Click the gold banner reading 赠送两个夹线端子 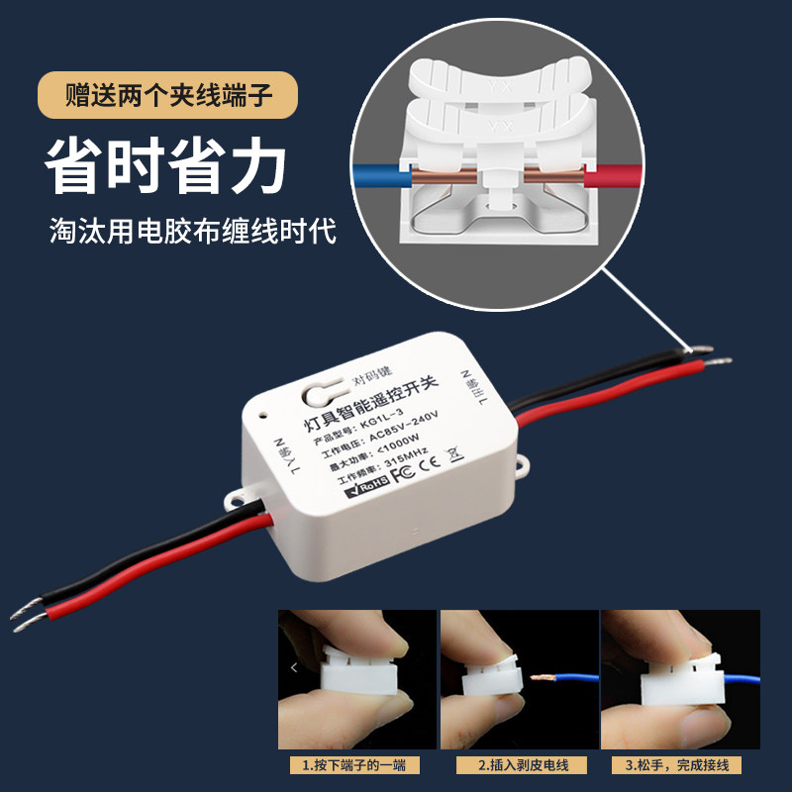[168, 97]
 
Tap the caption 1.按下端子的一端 [354, 766]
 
